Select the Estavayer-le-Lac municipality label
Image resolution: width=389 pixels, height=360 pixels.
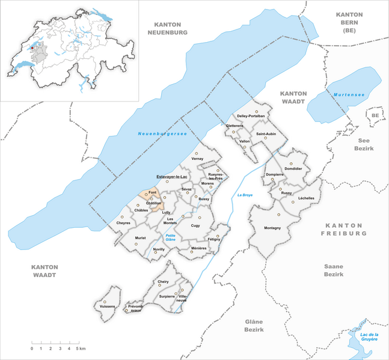[x=173, y=176]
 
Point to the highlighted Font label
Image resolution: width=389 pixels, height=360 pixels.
[x=152, y=192]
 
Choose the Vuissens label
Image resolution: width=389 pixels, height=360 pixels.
[x=104, y=307]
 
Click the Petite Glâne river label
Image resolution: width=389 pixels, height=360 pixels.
[x=174, y=238]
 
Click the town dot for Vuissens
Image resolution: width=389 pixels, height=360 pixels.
[x=105, y=301]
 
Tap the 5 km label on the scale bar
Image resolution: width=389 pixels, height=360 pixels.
[x=80, y=349]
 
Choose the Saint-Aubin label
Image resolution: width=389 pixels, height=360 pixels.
[x=266, y=133]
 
